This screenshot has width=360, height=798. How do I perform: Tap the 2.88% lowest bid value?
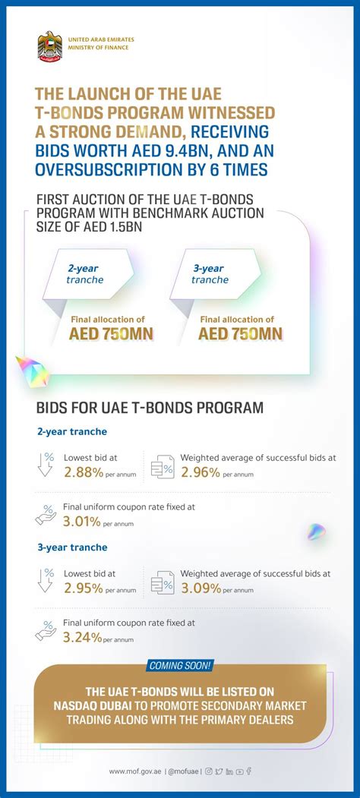click(83, 472)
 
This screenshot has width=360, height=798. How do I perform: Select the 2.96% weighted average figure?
click(201, 472)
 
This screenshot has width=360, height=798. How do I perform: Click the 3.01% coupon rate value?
click(82, 522)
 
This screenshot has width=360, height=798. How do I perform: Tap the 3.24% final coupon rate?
click(82, 637)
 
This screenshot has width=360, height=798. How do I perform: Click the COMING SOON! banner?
click(180, 665)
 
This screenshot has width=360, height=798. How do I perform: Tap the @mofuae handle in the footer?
click(182, 771)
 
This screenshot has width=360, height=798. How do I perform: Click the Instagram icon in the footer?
click(209, 771)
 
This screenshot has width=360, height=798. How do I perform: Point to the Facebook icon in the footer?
click(249, 771)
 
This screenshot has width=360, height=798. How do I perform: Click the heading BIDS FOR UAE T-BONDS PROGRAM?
click(150, 408)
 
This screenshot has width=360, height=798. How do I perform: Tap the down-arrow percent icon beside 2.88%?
click(46, 464)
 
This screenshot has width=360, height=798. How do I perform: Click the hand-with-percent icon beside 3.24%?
click(46, 630)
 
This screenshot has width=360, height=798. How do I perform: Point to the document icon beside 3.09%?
click(162, 581)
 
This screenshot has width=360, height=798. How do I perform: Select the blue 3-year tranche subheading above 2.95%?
click(71, 547)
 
